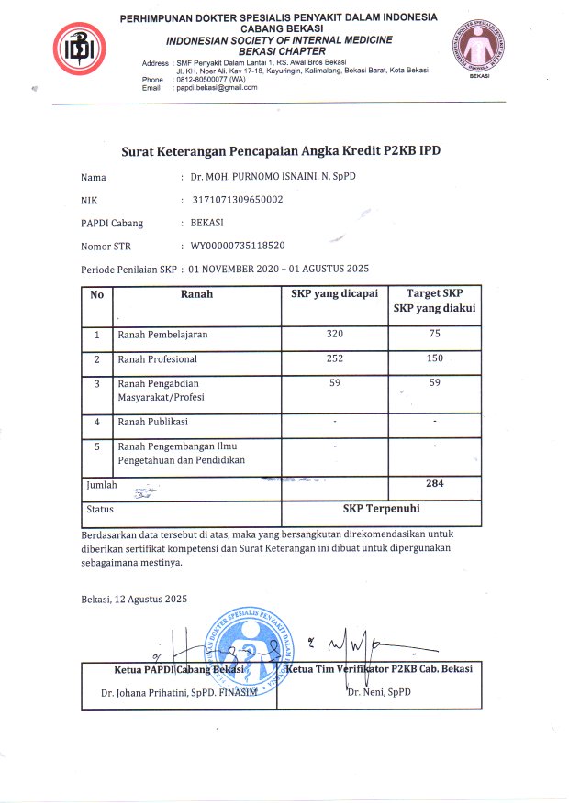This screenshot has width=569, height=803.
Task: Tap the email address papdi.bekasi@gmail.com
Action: click(x=216, y=88)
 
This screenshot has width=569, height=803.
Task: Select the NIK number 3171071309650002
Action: click(x=237, y=200)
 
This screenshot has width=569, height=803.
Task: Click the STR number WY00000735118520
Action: click(x=237, y=246)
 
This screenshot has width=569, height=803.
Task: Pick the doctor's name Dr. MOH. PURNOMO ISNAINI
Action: click(x=266, y=177)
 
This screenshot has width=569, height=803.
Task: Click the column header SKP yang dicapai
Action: click(x=334, y=295)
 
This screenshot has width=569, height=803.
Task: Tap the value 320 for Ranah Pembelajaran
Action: click(x=334, y=335)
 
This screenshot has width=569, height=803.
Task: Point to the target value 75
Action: click(x=435, y=335)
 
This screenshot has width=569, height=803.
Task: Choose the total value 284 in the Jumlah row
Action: click(x=435, y=483)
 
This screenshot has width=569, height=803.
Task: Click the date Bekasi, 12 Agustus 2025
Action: click(x=134, y=599)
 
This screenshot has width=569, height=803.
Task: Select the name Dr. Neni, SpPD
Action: click(x=378, y=691)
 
